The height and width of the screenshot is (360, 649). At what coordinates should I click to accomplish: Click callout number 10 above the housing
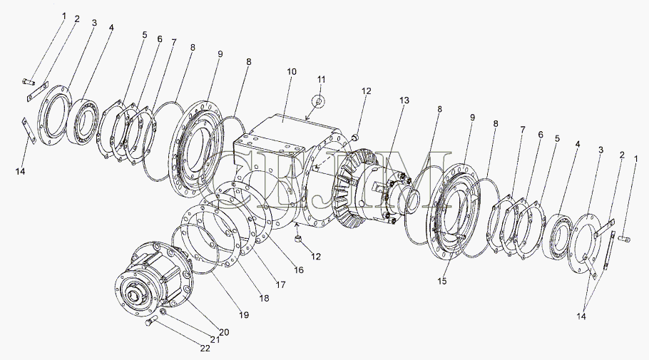pos(292,73)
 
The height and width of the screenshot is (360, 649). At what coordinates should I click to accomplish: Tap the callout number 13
pos(404,101)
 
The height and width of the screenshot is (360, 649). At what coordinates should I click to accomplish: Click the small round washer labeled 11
pos(320,101)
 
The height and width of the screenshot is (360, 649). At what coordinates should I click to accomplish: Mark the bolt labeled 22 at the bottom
pos(149,322)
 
